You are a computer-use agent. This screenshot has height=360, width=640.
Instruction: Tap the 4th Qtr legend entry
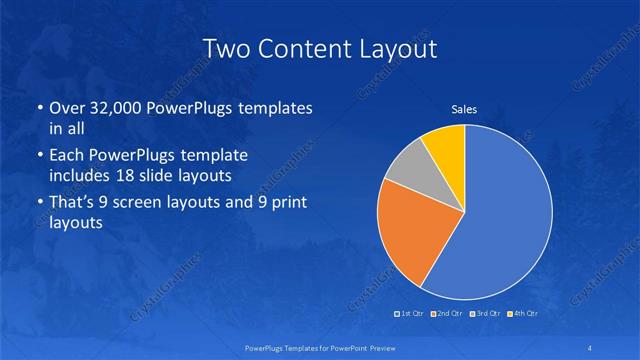pyautogui.click(x=521, y=314)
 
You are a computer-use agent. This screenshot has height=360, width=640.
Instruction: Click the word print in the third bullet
pyautogui.click(x=287, y=202)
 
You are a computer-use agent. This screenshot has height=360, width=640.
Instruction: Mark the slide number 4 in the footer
pyautogui.click(x=592, y=347)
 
